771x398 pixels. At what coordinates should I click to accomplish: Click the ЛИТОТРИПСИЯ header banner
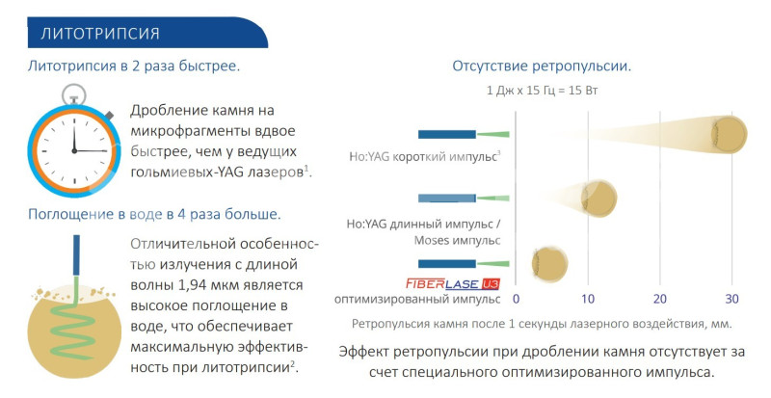coord(147,33)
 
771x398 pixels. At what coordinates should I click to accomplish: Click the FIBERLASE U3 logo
coord(453,284)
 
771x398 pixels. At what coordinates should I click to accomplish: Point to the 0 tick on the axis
coord(516,299)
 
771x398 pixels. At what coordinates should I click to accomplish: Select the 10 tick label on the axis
coord(588,299)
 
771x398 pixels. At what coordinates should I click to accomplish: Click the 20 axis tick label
coord(660,299)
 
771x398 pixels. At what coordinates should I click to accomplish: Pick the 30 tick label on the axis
coord(731,299)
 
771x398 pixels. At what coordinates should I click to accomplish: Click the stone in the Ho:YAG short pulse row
coord(730,134)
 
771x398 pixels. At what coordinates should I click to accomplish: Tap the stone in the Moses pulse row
coord(598,199)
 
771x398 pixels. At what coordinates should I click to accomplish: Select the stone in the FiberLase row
coord(549,264)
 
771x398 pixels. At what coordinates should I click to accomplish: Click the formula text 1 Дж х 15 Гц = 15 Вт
coord(542,91)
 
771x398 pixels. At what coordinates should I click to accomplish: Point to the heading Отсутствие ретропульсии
coord(542,66)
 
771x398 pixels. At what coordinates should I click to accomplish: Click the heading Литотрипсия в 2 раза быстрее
coord(134,66)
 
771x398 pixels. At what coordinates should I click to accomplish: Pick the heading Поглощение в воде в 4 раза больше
coord(154,215)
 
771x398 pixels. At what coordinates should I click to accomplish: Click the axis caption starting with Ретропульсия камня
coord(542,324)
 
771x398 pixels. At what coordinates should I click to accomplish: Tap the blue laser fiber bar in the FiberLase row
coord(447,264)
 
